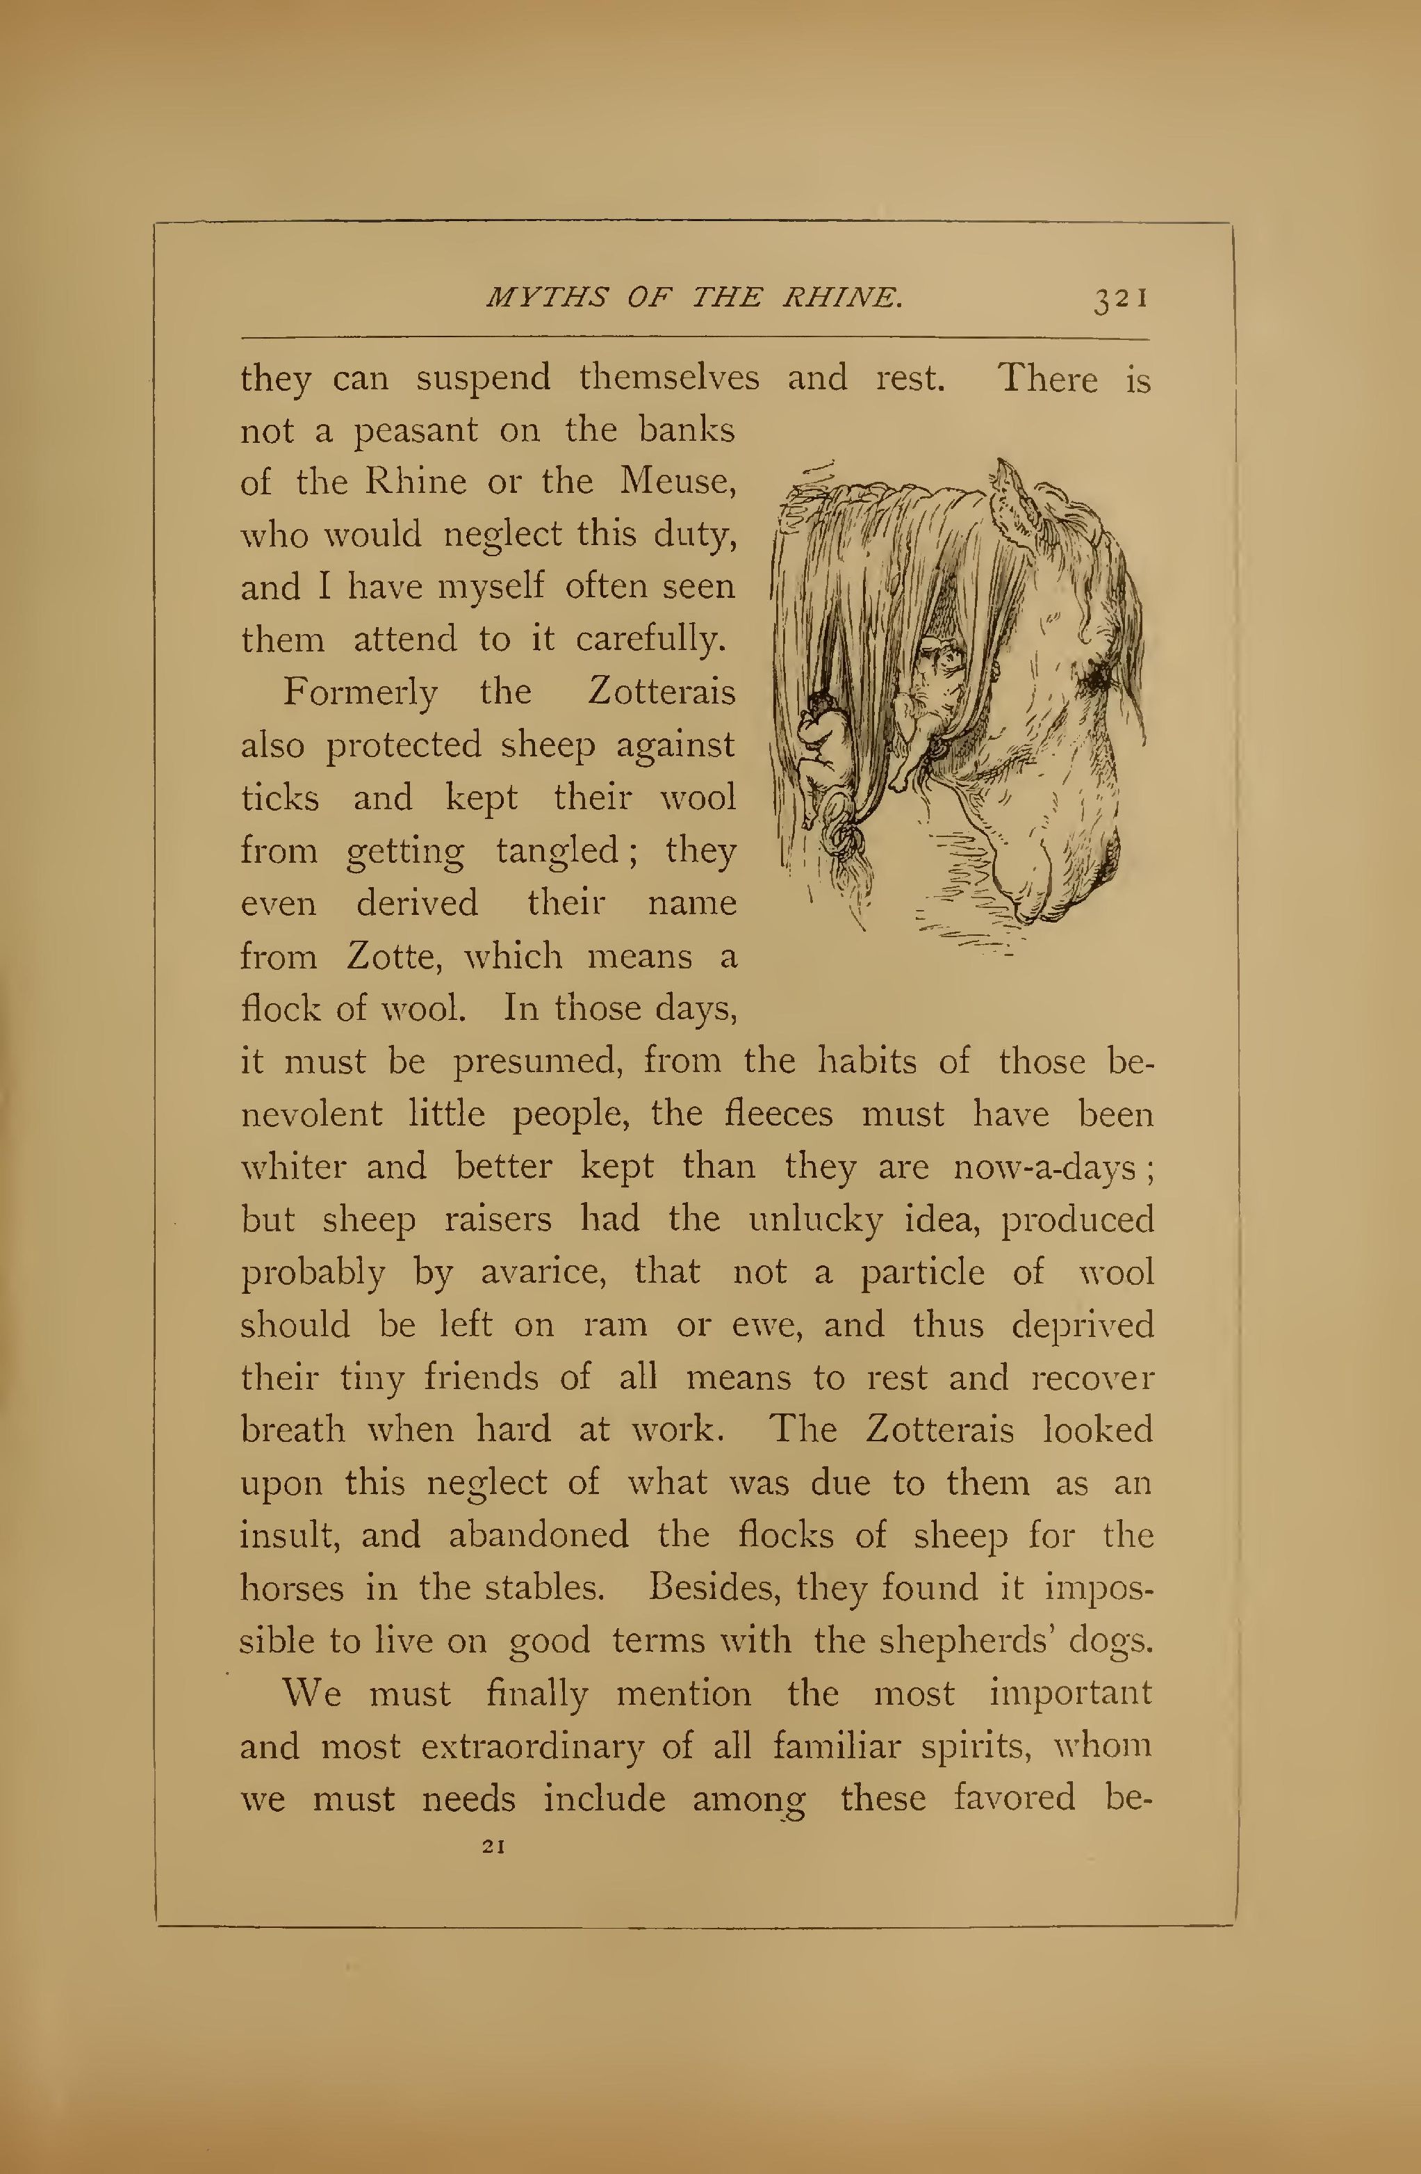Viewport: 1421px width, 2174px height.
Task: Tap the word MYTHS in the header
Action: click(x=546, y=298)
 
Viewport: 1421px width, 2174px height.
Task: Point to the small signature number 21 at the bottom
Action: click(x=493, y=1846)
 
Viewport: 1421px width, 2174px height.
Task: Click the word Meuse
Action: click(x=677, y=481)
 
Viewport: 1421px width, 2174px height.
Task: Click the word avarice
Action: click(x=543, y=1272)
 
